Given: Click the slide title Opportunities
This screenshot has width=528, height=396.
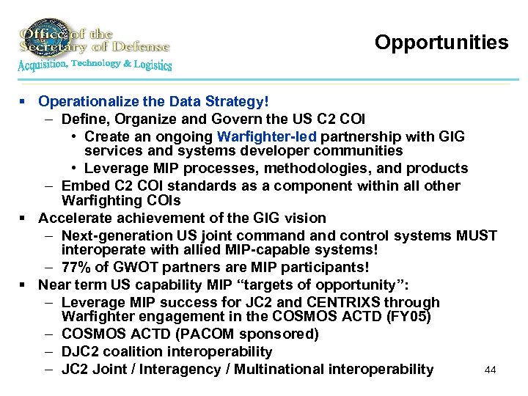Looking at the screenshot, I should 441,43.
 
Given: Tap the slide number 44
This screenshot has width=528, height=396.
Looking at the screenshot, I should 491,370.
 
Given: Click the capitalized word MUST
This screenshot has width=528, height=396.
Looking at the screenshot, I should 478,235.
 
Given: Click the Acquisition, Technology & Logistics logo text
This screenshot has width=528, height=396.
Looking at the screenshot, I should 95,65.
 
